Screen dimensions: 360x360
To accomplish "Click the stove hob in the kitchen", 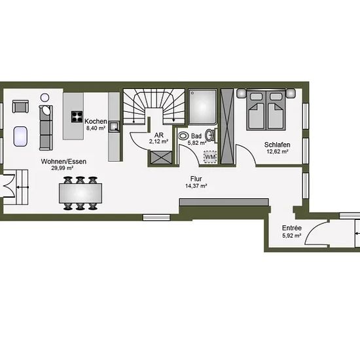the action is (77, 117).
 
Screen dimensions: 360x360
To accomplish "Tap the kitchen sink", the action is (114, 127).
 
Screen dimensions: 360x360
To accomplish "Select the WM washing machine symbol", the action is (210, 157).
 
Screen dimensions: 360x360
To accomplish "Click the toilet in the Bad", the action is (183, 136).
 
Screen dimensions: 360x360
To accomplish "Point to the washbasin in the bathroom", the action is (209, 135).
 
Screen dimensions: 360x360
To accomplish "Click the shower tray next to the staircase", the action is (202, 107).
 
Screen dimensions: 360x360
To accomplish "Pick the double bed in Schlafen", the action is (266, 110).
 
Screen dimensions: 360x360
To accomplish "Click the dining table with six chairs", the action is (81, 193).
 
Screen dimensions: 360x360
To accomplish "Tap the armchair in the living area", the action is (20, 107).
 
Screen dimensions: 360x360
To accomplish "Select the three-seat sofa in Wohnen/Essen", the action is (46, 128).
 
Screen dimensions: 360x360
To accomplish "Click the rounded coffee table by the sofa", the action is (20, 136).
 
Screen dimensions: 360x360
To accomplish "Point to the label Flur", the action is (196, 179).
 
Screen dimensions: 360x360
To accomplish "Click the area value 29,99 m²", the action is (62, 168).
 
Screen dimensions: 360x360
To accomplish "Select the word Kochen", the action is (96, 121).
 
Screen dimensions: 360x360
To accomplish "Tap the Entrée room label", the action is (292, 228).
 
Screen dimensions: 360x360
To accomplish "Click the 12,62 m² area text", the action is (278, 152).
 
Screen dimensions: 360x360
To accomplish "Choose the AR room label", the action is (159, 135).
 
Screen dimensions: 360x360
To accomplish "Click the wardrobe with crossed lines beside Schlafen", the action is (227, 126).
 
